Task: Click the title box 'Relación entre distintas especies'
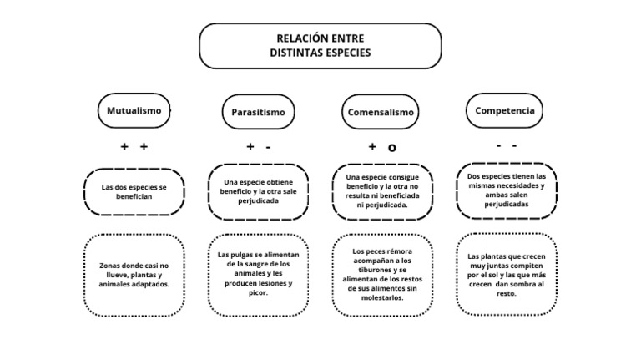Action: (320, 46)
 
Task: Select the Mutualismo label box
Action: (134, 110)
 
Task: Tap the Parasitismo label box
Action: (258, 112)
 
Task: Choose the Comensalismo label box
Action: (380, 112)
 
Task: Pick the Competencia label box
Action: (505, 110)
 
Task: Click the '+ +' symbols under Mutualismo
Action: (134, 146)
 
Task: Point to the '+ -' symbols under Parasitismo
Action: (258, 146)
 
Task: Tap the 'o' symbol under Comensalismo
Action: (392, 148)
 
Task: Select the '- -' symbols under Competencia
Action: (505, 145)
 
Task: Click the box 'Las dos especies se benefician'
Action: (134, 191)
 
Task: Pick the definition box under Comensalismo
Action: (382, 191)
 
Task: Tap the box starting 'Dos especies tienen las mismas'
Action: (506, 190)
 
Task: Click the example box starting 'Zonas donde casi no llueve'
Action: (134, 275)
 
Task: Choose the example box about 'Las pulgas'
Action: (258, 273)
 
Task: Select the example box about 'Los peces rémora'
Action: (382, 273)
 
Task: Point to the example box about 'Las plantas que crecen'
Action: (506, 274)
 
